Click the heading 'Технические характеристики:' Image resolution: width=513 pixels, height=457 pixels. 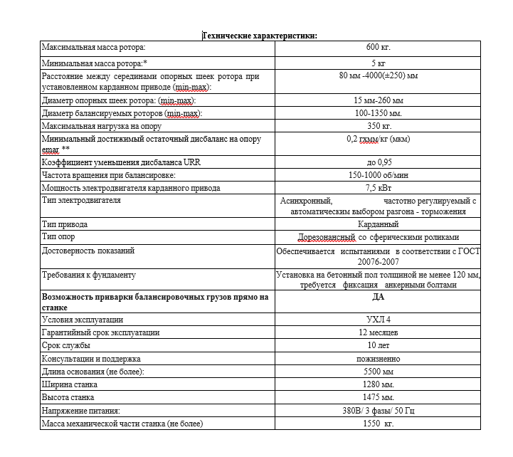(260, 35)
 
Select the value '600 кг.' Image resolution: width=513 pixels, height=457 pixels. (379, 48)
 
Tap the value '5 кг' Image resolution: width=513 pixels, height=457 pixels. (379, 63)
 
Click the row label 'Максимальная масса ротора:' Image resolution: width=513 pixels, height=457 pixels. (93, 48)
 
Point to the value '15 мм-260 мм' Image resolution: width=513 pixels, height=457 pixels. (379, 100)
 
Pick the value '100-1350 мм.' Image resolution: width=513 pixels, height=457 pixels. (379, 113)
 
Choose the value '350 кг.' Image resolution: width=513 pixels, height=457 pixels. (379, 126)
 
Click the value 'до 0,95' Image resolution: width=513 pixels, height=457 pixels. (379, 163)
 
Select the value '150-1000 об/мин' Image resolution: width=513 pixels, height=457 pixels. (379, 175)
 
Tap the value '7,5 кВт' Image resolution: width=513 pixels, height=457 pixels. (379, 188)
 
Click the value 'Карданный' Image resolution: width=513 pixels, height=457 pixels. (379, 224)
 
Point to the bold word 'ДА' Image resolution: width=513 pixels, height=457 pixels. (379, 297)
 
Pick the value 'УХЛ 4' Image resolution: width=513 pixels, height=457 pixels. (379, 320)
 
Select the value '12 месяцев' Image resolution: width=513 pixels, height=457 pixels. (379, 332)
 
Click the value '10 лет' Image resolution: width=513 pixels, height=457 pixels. (379, 345)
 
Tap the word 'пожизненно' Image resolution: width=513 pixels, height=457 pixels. (379, 359)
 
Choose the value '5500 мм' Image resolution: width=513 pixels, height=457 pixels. (379, 372)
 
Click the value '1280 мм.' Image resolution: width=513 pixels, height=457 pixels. (379, 384)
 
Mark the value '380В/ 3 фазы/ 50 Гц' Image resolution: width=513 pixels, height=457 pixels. (379, 411)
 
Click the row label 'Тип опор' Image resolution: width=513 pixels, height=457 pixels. (59, 237)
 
